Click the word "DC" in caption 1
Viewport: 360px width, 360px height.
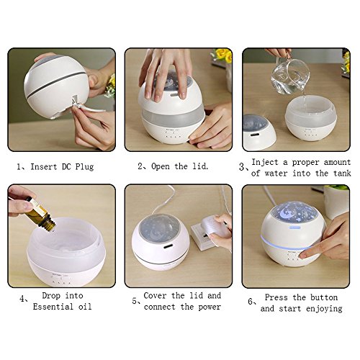coord(66,166)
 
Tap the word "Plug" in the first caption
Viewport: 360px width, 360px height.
coord(84,167)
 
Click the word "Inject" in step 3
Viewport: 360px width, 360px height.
coord(265,163)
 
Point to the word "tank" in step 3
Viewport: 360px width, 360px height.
coord(342,173)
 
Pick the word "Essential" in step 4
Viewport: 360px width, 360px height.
coord(53,307)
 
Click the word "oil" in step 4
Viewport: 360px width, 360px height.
coord(85,307)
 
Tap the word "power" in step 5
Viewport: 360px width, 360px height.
coord(210,307)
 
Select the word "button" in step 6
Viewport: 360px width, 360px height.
coord(324,297)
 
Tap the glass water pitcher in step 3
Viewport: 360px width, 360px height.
coord(290,75)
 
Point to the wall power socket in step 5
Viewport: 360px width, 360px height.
coord(204,235)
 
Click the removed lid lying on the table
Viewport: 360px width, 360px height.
coord(258,132)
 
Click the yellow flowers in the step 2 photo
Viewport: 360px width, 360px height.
coord(222,55)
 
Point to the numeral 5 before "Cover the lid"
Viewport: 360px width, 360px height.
coord(135,301)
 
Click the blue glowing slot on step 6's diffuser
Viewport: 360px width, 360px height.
coord(294,228)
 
